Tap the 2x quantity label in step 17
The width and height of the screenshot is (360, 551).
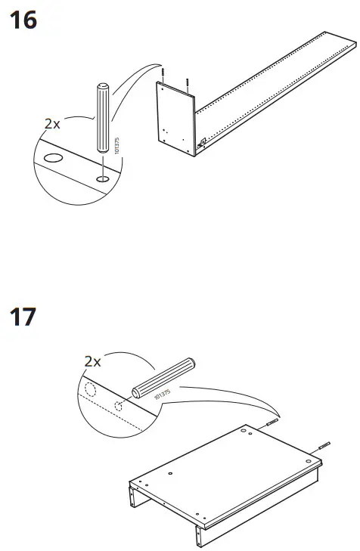click(x=93, y=362)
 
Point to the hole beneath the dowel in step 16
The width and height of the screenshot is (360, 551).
click(x=102, y=178)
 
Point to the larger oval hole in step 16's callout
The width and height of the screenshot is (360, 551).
click(x=54, y=160)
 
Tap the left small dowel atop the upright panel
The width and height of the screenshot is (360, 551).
click(x=163, y=73)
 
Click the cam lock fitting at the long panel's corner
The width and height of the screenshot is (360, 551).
click(x=202, y=141)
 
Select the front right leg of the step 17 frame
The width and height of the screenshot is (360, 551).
click(x=199, y=533)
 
